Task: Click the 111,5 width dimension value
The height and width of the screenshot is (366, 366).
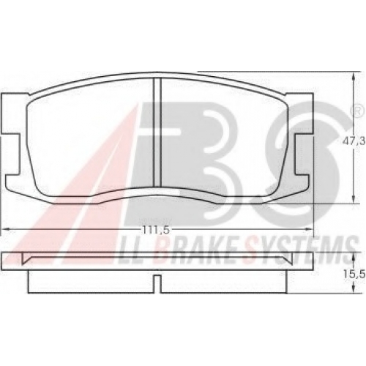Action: pos(156,230)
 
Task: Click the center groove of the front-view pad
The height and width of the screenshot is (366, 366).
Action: pos(158,132)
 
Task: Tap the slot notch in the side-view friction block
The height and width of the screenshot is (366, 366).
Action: pos(158,284)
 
